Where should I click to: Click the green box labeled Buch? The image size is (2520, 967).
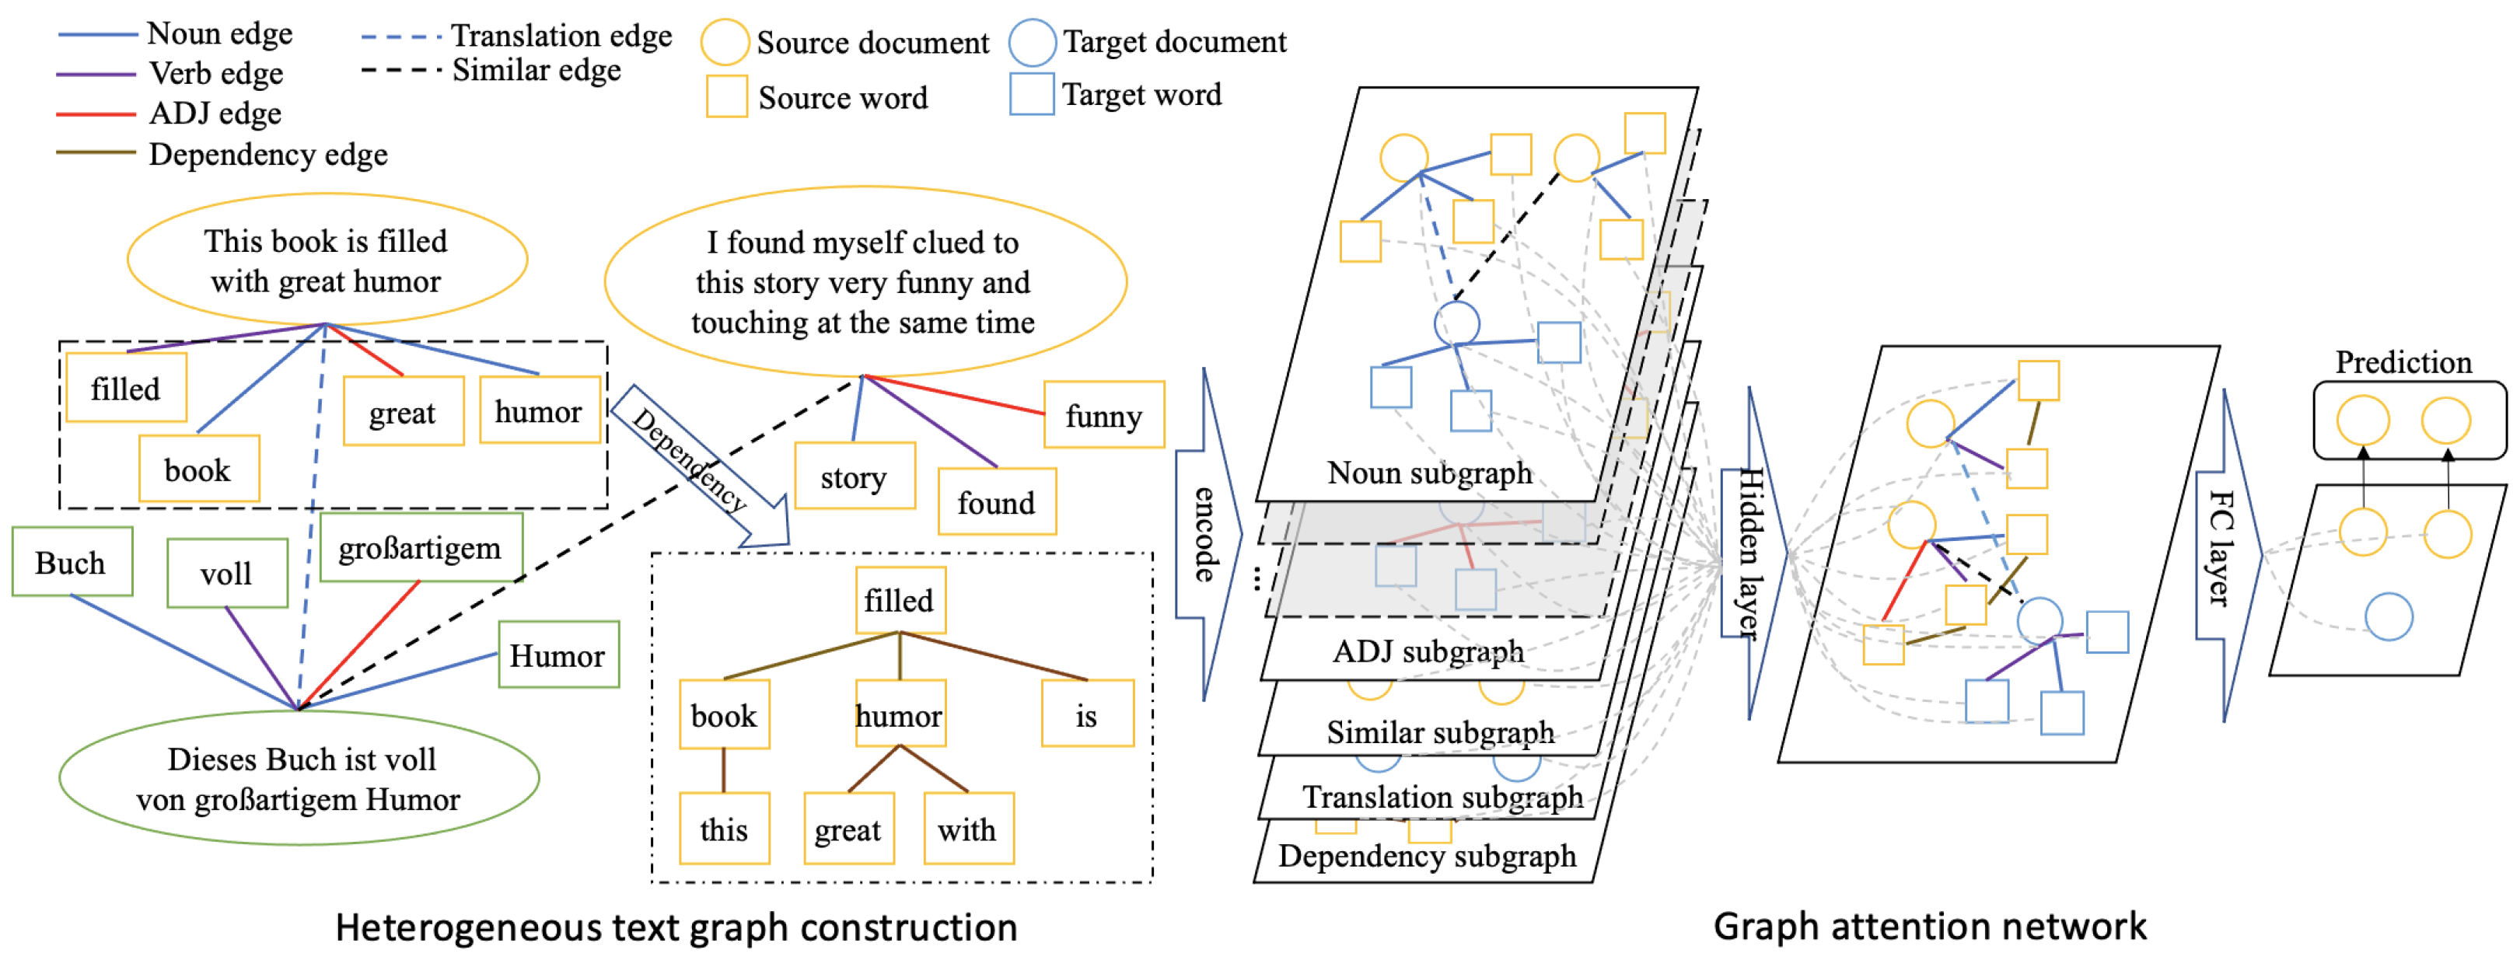72,562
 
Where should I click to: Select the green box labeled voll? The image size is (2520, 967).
226,573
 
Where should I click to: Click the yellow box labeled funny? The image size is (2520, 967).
1103,416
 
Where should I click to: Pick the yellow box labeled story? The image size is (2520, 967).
854,477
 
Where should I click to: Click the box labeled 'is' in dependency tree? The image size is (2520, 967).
1086,714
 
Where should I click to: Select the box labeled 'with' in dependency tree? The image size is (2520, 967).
966,829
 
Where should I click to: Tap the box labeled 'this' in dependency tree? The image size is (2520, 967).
724,829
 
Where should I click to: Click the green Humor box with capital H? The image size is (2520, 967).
557,655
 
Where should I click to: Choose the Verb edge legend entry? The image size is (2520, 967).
215,73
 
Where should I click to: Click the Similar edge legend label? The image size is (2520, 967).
536,71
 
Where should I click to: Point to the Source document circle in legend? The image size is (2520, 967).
725,42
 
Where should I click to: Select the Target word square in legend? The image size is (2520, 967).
1031,94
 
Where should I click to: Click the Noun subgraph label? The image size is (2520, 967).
1429,473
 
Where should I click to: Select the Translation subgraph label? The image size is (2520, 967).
1442,797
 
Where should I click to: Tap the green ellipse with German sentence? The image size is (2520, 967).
299,778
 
